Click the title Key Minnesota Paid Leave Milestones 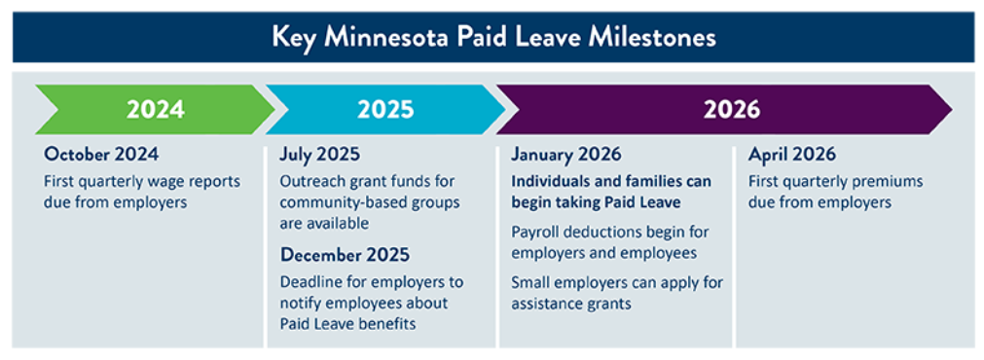493,37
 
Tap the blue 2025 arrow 384,109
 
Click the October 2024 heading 101,155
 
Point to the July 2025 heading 319,155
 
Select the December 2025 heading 345,255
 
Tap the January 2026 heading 566,155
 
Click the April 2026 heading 791,155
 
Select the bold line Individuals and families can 611,182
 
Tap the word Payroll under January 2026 538,232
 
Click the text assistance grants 572,303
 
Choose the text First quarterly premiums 835,182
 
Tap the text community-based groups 370,202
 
